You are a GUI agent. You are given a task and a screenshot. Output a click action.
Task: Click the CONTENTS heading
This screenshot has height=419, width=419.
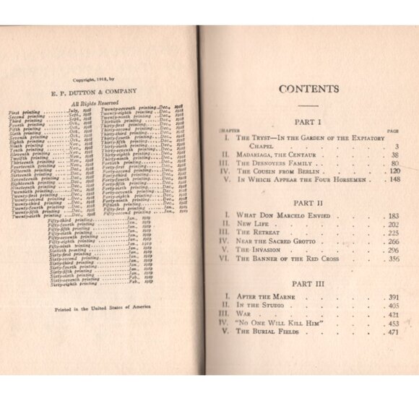click(x=308, y=90)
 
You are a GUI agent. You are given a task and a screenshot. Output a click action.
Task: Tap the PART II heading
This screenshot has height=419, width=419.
click(x=308, y=204)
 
